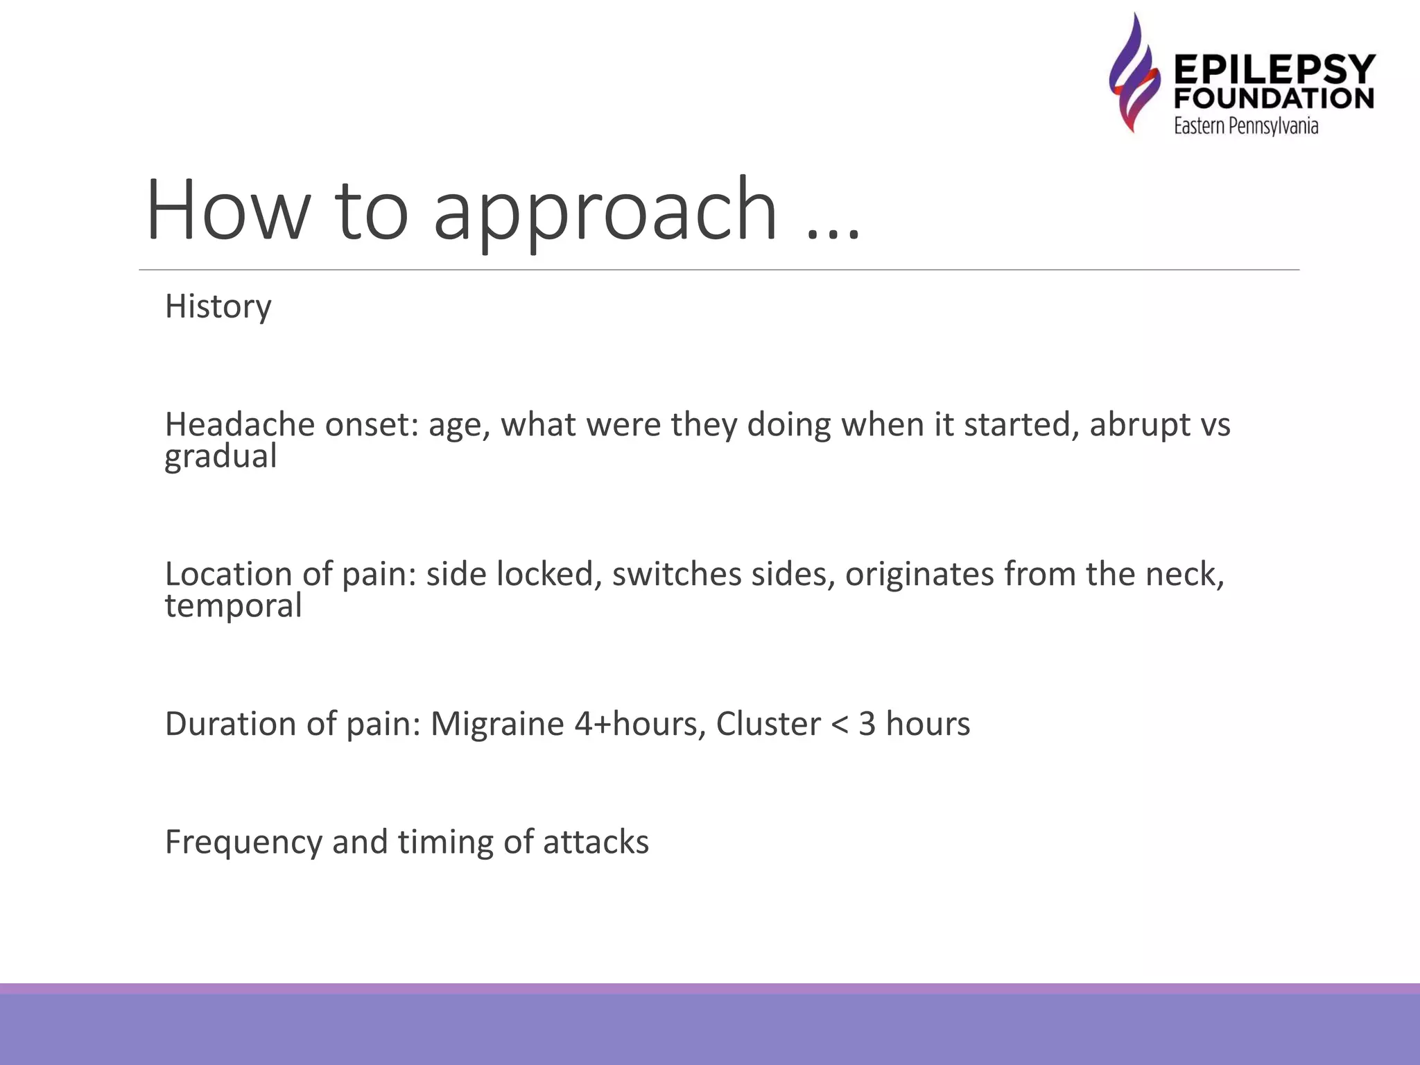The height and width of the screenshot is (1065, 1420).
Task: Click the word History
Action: pyautogui.click(x=218, y=306)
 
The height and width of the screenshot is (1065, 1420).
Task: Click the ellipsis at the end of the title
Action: pyautogui.click(x=833, y=232)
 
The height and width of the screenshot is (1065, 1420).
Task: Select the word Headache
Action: pyautogui.click(x=239, y=424)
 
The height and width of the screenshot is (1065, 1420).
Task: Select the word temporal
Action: pyautogui.click(x=233, y=606)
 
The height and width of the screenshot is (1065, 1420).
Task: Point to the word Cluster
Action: pyautogui.click(x=768, y=724)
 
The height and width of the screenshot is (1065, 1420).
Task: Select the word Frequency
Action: pyautogui.click(x=243, y=842)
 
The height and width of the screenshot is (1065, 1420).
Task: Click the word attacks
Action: pyautogui.click(x=596, y=842)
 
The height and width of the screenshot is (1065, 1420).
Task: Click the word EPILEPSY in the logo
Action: pyautogui.click(x=1274, y=70)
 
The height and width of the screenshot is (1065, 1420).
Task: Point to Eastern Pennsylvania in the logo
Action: pyautogui.click(x=1245, y=125)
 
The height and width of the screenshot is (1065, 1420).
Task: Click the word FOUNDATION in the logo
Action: pyautogui.click(x=1274, y=98)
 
